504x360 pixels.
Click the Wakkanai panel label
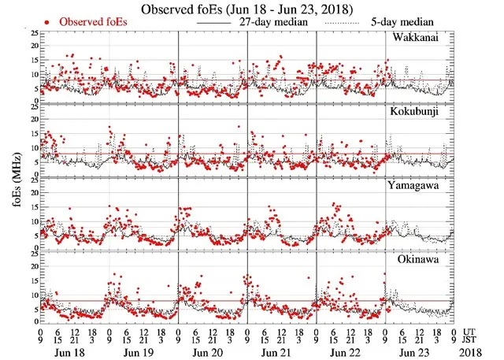point(417,39)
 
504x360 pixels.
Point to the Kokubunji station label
point(417,112)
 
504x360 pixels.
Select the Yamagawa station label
point(417,186)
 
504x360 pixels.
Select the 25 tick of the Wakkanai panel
point(34,34)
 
